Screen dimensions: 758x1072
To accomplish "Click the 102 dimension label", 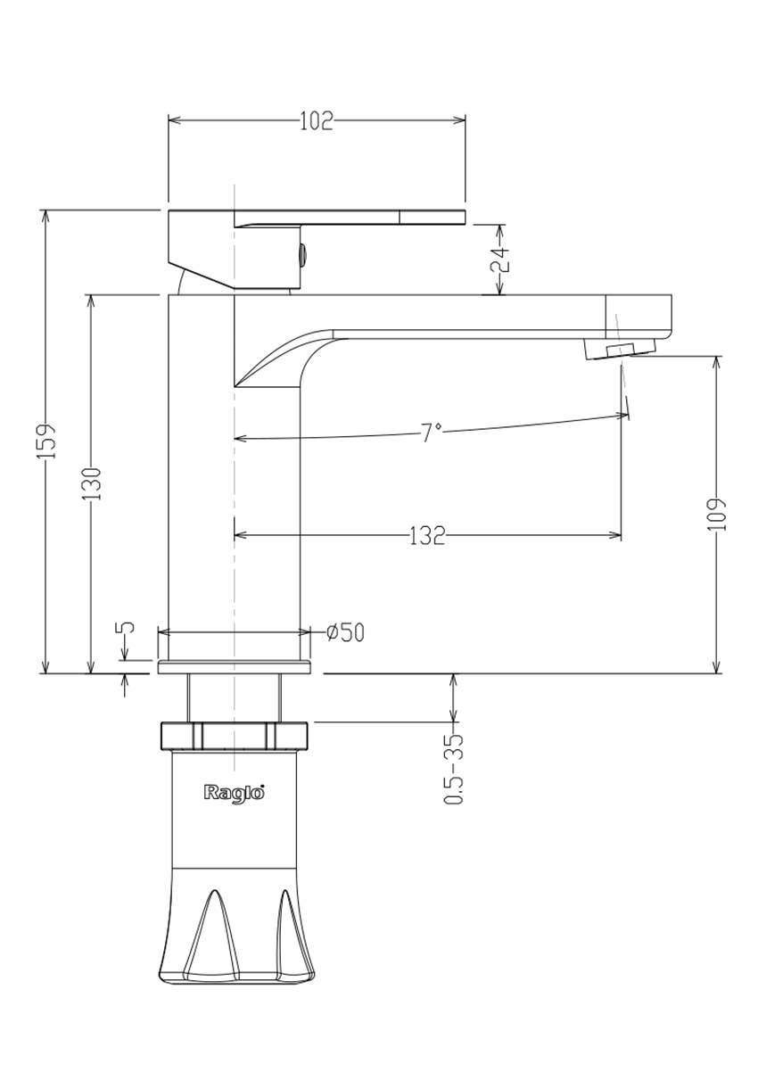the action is pyautogui.click(x=316, y=120).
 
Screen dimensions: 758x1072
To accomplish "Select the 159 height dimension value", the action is pyautogui.click(x=47, y=441).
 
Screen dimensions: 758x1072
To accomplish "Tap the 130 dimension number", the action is pyautogui.click(x=91, y=483).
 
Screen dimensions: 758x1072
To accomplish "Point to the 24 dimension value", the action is pyautogui.click(x=500, y=260).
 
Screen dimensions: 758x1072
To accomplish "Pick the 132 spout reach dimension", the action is pyautogui.click(x=427, y=535).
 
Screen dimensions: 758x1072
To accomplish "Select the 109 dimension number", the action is pyautogui.click(x=716, y=515).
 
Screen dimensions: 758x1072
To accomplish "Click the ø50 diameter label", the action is pyautogui.click(x=345, y=632).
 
